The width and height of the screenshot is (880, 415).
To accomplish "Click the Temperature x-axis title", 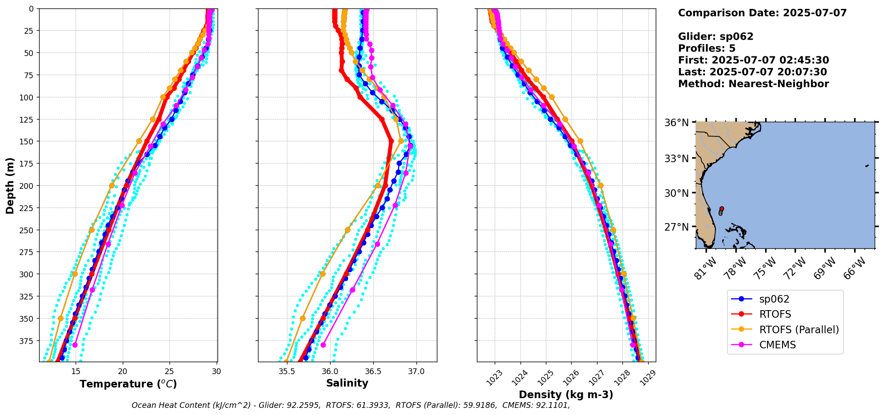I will pos(128,384).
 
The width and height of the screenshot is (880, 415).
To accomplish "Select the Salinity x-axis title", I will pos(347,383).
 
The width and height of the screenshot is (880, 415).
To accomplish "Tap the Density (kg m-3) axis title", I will pos(566,395).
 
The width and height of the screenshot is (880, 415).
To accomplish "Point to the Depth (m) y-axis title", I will pos(10,185).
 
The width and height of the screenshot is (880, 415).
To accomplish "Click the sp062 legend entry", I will pos(774,299).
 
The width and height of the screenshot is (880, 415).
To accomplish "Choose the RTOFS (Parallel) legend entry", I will pos(799,330).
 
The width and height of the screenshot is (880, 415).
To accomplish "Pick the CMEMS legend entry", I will pos(777,345).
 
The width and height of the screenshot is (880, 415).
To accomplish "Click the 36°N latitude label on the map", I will pos(676,123).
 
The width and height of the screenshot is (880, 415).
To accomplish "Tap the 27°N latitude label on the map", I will pos(676,227).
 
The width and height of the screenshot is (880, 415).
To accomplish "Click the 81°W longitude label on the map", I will pos(706,268).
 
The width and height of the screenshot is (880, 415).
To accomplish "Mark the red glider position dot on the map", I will pos(722,208).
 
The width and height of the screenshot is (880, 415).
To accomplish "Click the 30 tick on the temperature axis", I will pos(216,371).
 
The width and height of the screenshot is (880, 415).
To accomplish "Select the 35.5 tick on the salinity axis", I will pos(287,371).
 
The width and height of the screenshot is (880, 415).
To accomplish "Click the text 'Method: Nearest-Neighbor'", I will pos(753,84).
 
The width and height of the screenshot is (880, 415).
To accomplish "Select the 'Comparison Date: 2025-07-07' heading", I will pos(762,13).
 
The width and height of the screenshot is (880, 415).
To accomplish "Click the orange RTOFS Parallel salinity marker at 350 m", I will pos(303,318).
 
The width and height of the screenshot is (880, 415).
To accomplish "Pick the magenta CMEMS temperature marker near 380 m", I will pos(75,345).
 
